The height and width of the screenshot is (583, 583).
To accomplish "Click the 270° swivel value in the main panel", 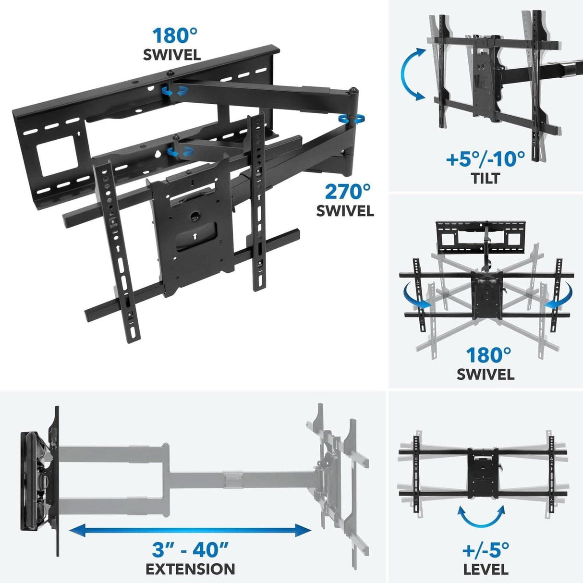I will coord(348,192).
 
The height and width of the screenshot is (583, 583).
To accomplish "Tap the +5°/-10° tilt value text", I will coord(485,159).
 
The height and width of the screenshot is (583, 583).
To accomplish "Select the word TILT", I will coord(485,178).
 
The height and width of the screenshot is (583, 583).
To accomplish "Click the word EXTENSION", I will coord(190,569).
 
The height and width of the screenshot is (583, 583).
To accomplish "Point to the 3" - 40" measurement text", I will coord(190,548).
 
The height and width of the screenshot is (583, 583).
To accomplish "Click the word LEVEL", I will coord(486,570).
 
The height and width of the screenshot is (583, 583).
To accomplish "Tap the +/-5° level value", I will coord(486,549).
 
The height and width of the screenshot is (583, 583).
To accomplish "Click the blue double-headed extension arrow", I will coord(190,530).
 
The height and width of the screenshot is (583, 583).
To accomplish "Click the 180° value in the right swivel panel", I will coord(488,355).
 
